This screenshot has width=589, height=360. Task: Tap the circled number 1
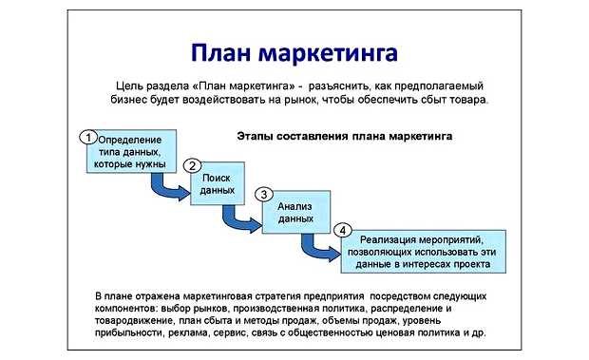[87, 136]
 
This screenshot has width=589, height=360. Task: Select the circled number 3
[263, 195]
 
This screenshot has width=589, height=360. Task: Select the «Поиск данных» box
[217, 184]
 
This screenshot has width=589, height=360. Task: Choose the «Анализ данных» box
[294, 212]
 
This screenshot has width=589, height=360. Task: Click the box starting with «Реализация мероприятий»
[423, 251]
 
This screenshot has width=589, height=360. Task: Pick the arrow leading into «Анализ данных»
[242, 219]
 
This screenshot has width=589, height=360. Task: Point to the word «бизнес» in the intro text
[134, 100]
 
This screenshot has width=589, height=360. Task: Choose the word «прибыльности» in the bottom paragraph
[130, 334]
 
